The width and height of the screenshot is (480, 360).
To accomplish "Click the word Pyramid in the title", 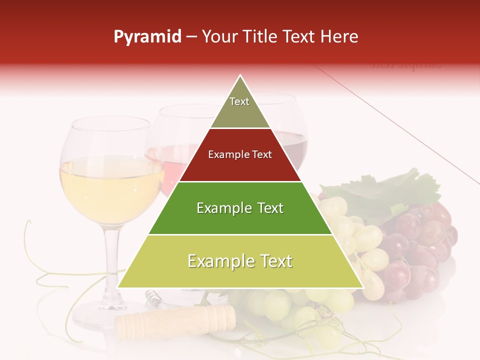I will tap(147, 37).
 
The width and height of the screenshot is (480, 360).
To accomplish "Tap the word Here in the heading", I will tap(340, 36).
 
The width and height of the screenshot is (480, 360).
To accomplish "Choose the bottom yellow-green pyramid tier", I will tap(240, 267).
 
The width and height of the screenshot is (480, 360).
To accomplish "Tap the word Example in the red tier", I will tap(225, 154).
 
